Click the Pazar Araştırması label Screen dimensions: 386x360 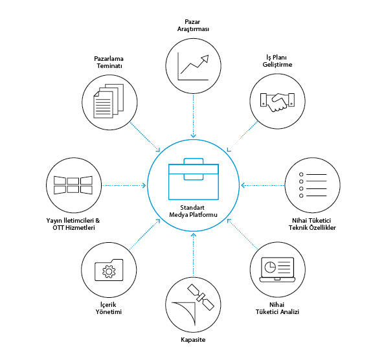tap(193, 25)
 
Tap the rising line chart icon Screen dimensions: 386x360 tap(193, 66)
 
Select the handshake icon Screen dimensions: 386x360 tap(277, 102)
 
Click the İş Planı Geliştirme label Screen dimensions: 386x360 tap(277, 61)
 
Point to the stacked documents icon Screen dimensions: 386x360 tap(109, 101)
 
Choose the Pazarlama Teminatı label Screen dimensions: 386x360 tap(109, 62)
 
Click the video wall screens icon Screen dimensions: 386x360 tap(73, 185)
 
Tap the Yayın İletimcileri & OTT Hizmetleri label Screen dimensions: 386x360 tap(73, 224)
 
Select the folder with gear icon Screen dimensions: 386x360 tap(109, 270)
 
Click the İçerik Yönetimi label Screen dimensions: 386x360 tap(109, 308)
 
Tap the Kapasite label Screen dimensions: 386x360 tap(193, 339)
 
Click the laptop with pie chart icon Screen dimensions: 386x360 tap(277, 270)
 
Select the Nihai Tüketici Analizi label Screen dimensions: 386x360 tap(277, 308)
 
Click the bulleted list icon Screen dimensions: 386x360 tap(313, 185)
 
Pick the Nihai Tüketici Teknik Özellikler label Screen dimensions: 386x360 tap(312, 224)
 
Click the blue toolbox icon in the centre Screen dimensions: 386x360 tap(194, 179)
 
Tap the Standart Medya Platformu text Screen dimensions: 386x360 tap(193, 211)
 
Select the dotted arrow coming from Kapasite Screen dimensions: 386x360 tap(194, 255)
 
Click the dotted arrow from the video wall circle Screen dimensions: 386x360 tap(124, 185)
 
